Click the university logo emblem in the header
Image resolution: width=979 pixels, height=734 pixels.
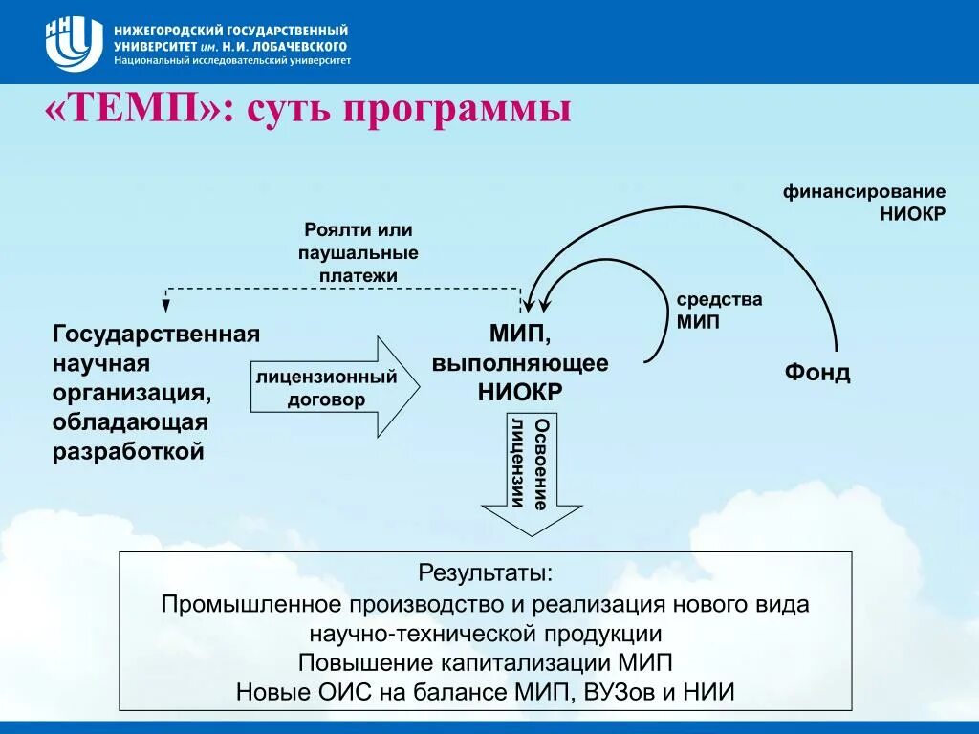tap(74, 44)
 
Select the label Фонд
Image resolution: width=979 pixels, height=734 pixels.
tap(817, 372)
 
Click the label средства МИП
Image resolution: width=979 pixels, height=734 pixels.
tap(719, 311)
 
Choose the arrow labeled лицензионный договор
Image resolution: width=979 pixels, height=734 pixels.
tap(335, 387)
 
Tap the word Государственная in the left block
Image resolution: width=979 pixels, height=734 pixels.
tap(156, 334)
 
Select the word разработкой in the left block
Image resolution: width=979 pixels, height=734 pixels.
tap(128, 452)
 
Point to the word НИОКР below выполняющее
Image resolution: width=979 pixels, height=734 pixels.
tap(519, 393)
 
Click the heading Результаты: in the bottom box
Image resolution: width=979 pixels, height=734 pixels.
tap(485, 573)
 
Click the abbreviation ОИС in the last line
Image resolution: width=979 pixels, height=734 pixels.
tap(345, 692)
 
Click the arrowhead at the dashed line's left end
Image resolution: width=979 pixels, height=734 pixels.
tap(165, 305)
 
